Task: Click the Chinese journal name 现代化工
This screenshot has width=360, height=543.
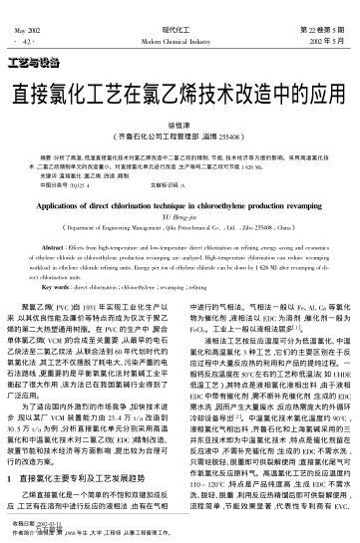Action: pos(180,7)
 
